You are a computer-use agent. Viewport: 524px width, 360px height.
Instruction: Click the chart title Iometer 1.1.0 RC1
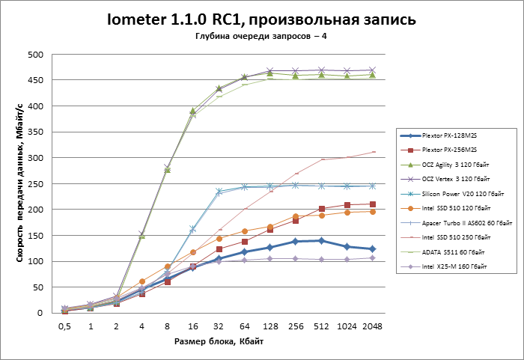coord(261,19)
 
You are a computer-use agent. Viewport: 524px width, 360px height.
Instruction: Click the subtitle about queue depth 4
coord(261,37)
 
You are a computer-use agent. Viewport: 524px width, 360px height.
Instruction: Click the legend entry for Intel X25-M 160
coord(453,267)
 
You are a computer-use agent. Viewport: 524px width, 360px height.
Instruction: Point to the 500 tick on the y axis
coord(34,55)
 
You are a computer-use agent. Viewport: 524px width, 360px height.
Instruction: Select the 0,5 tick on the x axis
coord(65,326)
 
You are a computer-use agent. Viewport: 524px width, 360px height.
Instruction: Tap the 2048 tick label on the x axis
coord(372,326)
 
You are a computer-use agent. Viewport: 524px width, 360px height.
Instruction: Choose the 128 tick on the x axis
coord(270,326)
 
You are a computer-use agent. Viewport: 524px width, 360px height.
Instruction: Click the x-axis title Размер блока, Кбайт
coord(219,341)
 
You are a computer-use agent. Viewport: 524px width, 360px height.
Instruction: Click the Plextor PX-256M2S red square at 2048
coord(372,204)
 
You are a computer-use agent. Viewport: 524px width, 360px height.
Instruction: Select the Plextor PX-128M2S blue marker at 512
coord(321,240)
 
